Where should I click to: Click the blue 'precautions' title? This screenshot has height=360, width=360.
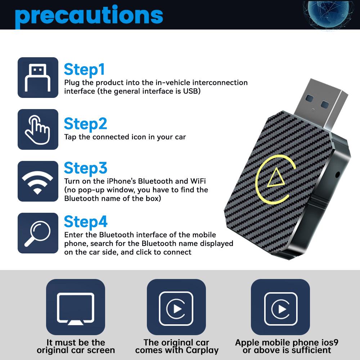tap(89, 15)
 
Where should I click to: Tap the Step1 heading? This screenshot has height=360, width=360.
tap(84, 70)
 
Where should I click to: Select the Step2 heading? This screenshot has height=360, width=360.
tap(85, 124)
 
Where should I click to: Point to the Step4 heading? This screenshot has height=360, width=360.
tap(86, 222)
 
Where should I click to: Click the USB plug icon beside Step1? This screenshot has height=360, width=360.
tap(38, 77)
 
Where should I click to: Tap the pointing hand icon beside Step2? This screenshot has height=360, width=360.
tap(38, 129)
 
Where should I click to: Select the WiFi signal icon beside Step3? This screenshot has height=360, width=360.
tap(38, 181)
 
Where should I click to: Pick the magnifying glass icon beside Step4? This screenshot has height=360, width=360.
tap(38, 233)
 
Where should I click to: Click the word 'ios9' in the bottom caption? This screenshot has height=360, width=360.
tap(327, 342)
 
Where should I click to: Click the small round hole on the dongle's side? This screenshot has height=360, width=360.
tap(337, 175)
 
